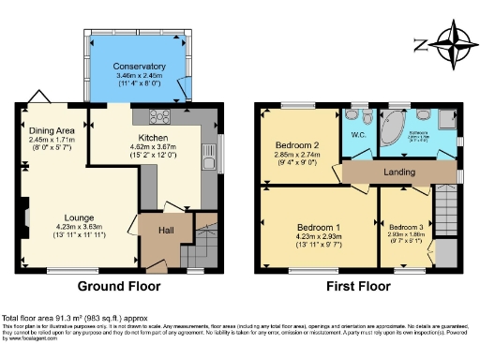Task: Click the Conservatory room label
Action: pos(139,67)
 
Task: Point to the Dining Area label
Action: pos(52,131)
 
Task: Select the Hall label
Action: pos(164,230)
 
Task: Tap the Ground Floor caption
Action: pos(118,286)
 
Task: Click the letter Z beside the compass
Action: pos(420,44)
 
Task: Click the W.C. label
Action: pos(358,135)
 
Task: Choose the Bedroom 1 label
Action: pos(319,228)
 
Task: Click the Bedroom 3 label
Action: pos(406,227)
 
